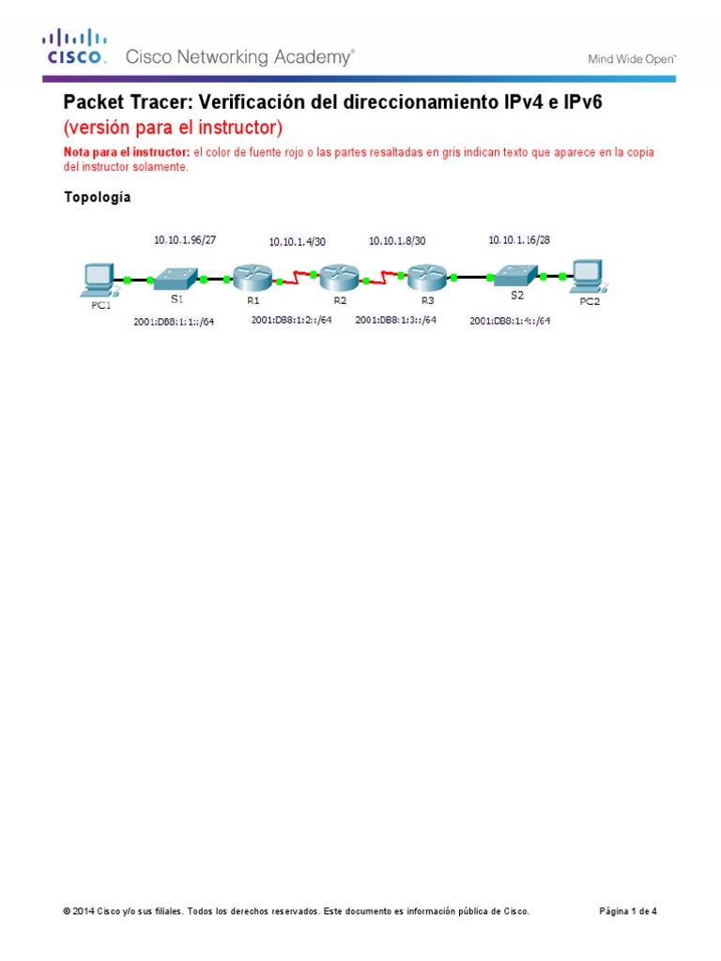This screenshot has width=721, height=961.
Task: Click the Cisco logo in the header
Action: coord(72,46)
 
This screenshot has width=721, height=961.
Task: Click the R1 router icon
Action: coord(252,278)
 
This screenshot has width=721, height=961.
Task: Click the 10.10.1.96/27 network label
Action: coord(185,240)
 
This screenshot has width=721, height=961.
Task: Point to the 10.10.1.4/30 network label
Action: coord(297,241)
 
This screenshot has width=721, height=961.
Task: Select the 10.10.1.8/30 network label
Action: coord(397,241)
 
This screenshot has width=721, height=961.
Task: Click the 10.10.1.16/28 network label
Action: coord(518,240)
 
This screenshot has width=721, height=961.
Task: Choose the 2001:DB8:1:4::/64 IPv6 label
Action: coord(510,321)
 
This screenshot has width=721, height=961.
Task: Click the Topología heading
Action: coord(97,197)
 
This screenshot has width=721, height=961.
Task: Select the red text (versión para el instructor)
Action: coord(172,127)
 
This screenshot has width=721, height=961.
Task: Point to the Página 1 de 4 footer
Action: coord(628,911)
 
